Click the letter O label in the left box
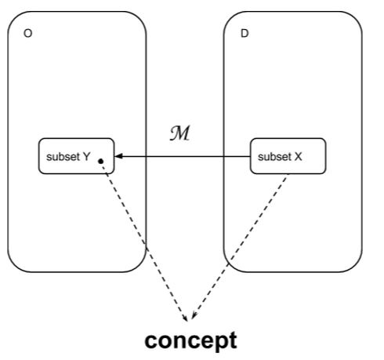(x=29, y=35)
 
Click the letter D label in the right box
(x=244, y=35)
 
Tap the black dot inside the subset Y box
(x=100, y=162)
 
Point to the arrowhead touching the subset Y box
(x=119, y=157)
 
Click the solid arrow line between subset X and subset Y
(x=184, y=157)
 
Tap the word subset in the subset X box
(x=273, y=157)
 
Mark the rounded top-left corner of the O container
(x=13, y=18)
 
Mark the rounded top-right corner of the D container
(x=357, y=18)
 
